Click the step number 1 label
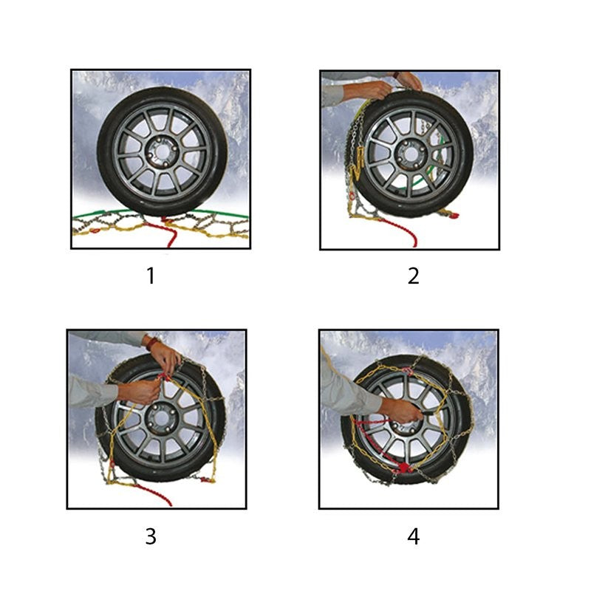click(x=151, y=276)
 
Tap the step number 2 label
click(x=414, y=276)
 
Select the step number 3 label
click(x=151, y=536)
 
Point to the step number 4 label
click(x=414, y=536)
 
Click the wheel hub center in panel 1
click(x=163, y=151)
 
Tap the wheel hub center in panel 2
click(x=411, y=154)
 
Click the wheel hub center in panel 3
click(x=161, y=418)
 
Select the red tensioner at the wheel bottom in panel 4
click(x=403, y=468)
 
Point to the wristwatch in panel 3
click(x=152, y=344)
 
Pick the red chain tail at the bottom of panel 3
click(x=154, y=494)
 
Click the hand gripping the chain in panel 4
click(x=400, y=411)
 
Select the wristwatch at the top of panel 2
click(x=396, y=75)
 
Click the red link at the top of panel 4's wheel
click(x=407, y=372)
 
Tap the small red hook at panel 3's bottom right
click(x=207, y=479)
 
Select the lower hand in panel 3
click(x=140, y=392)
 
